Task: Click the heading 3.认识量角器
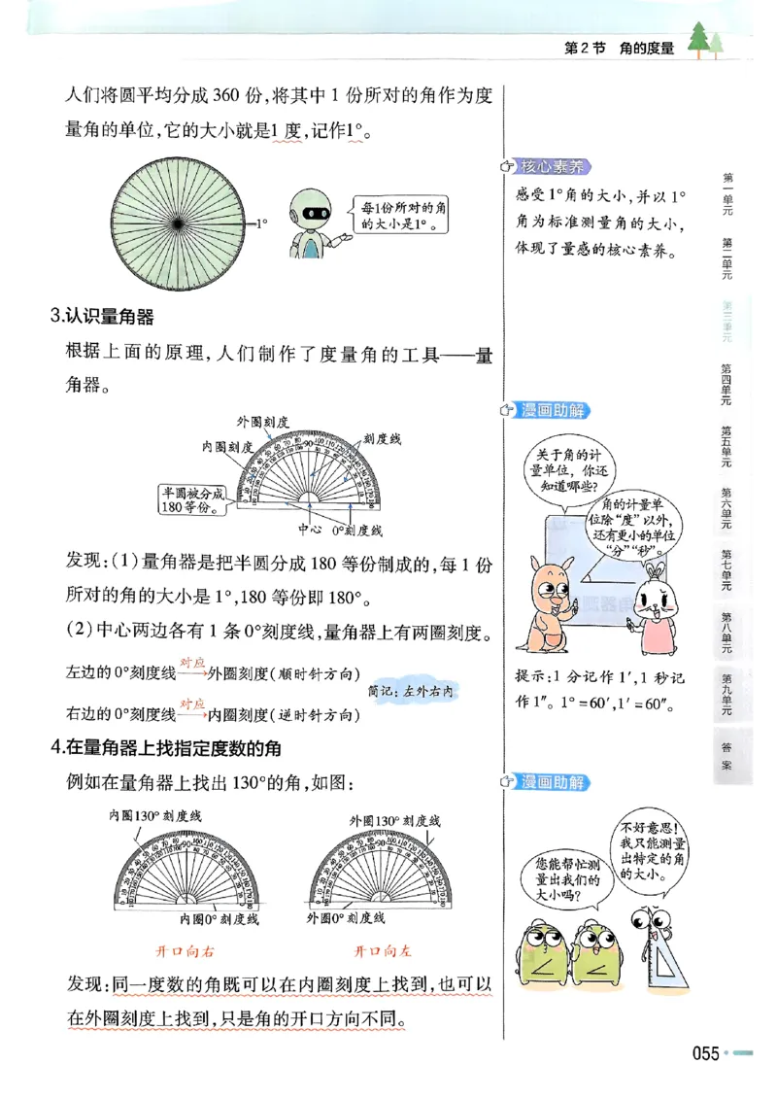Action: click(102, 315)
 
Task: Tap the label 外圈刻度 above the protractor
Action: click(262, 421)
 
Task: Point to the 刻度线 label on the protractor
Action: click(382, 439)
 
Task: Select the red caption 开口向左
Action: click(382, 950)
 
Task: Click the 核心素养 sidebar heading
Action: click(556, 166)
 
